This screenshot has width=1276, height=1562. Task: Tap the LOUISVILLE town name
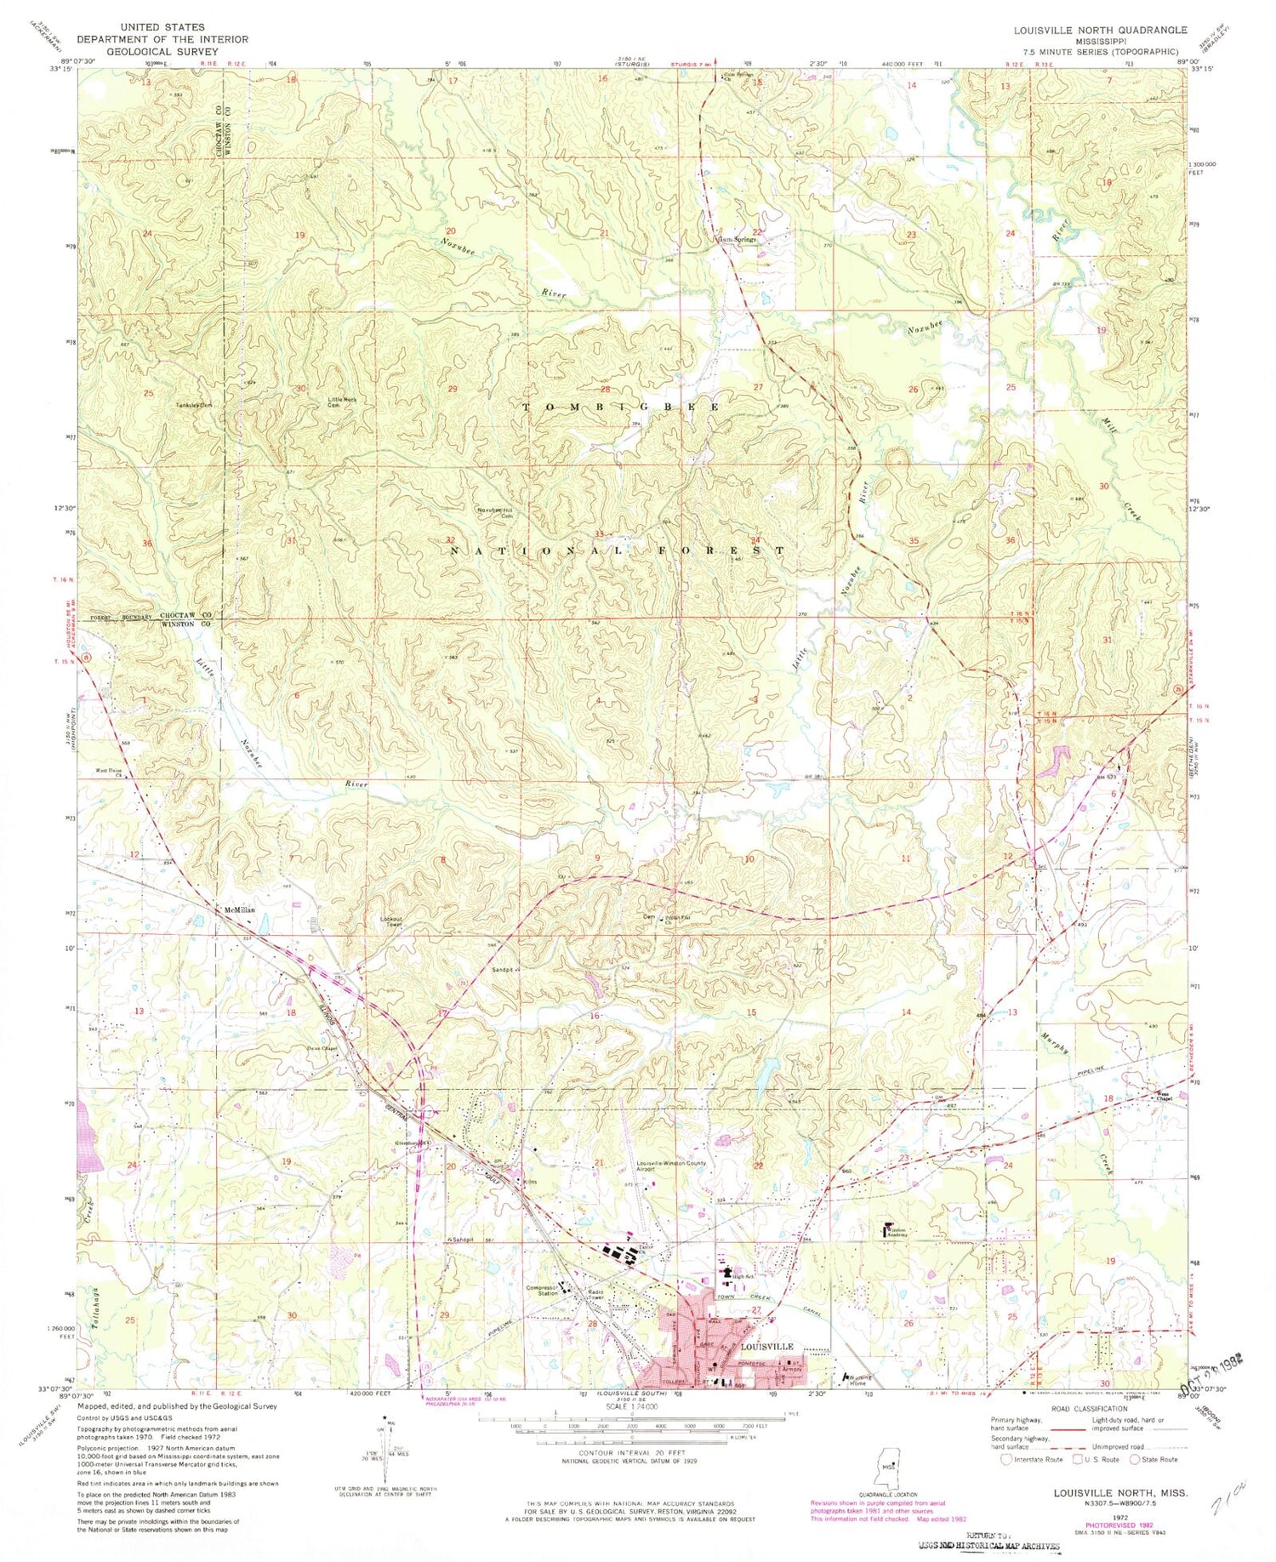coord(766,1347)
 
